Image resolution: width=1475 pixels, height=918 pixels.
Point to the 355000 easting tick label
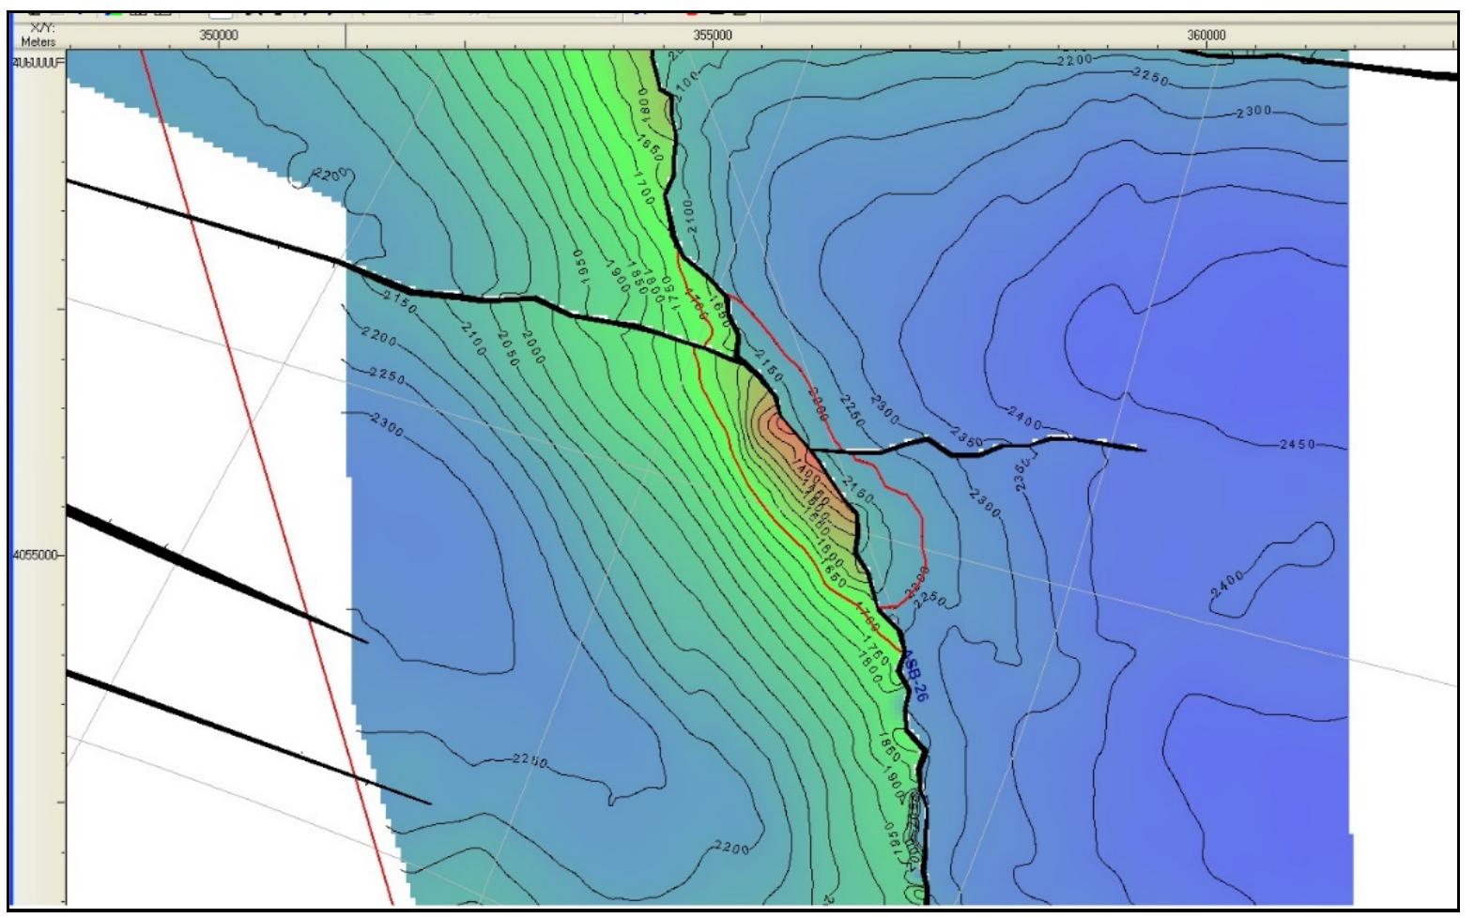click(x=712, y=36)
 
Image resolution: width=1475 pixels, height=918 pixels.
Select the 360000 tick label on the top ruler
click(x=1206, y=36)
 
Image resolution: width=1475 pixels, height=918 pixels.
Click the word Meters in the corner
click(x=38, y=42)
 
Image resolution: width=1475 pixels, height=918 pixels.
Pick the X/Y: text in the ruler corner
click(x=40, y=29)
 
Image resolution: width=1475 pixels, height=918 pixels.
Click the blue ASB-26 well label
click(x=914, y=677)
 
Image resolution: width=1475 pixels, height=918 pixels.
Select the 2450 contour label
click(x=1298, y=444)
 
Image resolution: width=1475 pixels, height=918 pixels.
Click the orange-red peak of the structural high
click(x=780, y=427)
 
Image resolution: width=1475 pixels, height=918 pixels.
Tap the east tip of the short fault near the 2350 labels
click(x=1144, y=450)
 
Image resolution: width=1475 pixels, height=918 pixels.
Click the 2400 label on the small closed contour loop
click(x=1227, y=584)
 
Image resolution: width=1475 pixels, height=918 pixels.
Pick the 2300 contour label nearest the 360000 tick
click(x=1252, y=112)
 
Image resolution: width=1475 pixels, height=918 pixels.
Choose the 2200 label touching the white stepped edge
click(x=330, y=176)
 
